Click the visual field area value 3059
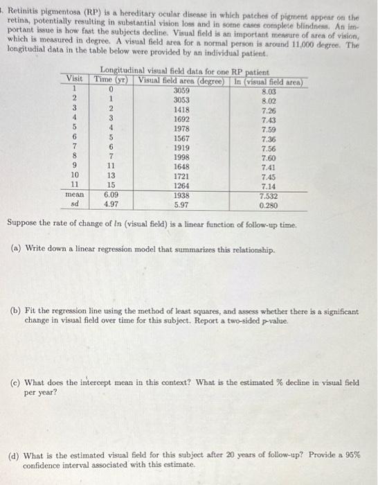click(181, 90)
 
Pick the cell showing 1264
click(181, 186)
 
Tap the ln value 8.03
click(270, 90)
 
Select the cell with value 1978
click(181, 128)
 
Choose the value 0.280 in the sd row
click(269, 206)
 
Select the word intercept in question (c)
click(90, 382)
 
